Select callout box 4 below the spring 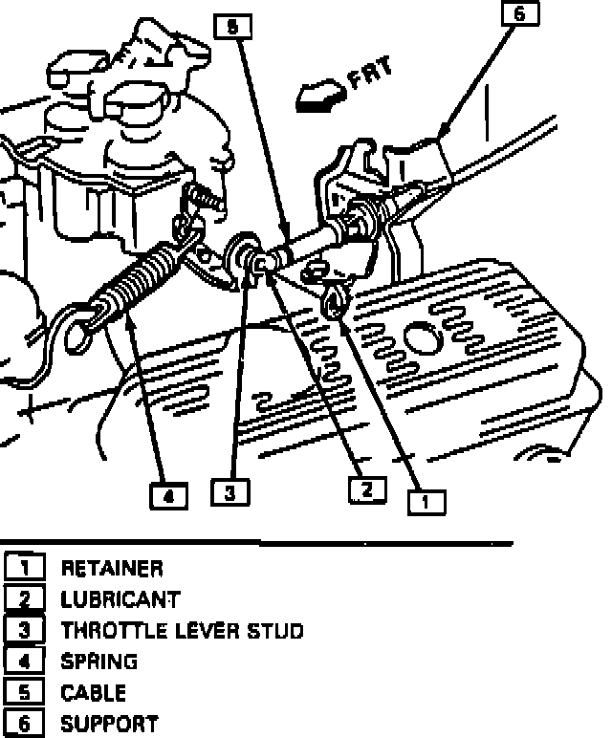coord(168,495)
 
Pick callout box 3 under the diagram coord(230,493)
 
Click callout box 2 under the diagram coord(366,489)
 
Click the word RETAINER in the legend coord(112,570)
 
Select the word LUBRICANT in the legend coord(120,600)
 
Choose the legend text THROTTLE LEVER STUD coord(182,631)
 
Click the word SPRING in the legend coord(99,662)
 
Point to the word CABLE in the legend coord(94,692)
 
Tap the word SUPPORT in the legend coord(109,723)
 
